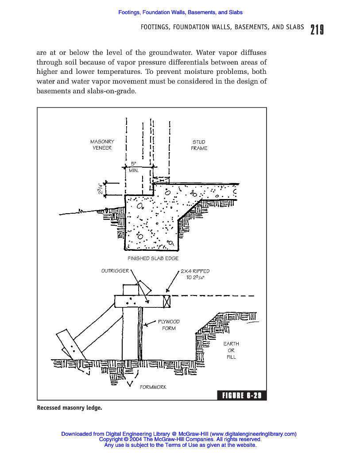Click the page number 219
(317, 29)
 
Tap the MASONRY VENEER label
(102, 145)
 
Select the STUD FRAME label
(199, 145)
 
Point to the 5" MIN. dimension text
(134, 167)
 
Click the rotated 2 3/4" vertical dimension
(100, 188)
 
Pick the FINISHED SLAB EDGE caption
(153, 258)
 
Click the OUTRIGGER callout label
(115, 271)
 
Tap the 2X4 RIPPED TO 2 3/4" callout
(195, 274)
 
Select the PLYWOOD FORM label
(169, 325)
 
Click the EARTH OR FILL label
(231, 350)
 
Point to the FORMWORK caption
(153, 387)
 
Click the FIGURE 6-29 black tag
(242, 395)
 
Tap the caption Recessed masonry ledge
(70, 407)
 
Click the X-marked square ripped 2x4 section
(167, 301)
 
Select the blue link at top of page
(180, 12)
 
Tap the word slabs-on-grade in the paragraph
(113, 91)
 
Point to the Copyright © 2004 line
(180, 439)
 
